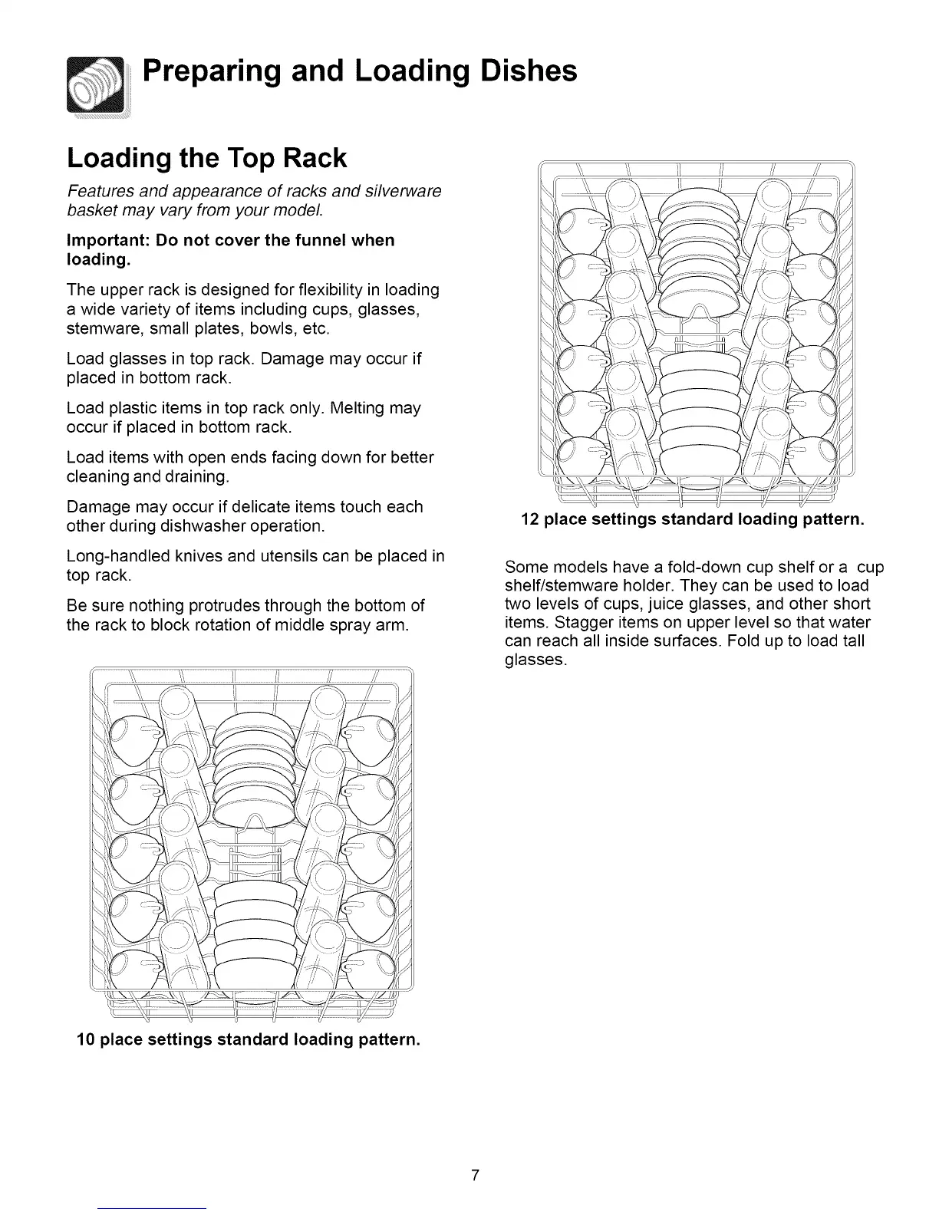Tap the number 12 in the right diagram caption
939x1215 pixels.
pyautogui.click(x=529, y=519)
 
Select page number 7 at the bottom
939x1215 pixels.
pyautogui.click(x=476, y=1175)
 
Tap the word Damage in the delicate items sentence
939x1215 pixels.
pyautogui.click(x=96, y=507)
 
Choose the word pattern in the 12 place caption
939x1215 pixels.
pyautogui.click(x=832, y=519)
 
